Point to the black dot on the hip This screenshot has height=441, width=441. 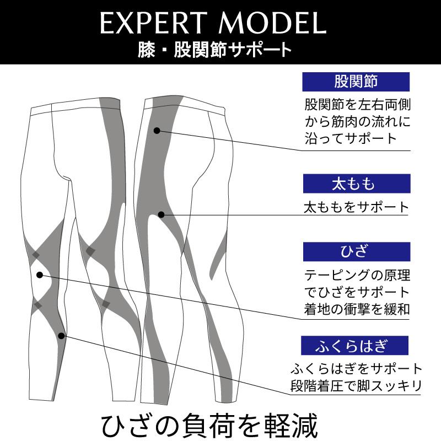pyautogui.click(x=157, y=131)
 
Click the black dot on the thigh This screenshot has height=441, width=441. pyautogui.click(x=161, y=214)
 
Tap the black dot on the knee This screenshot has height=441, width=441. pyautogui.click(x=40, y=275)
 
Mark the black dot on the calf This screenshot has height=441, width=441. pyautogui.click(x=61, y=335)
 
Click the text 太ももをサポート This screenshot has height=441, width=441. pyautogui.click(x=357, y=208)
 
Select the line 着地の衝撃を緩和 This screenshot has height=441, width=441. pyautogui.click(x=357, y=309)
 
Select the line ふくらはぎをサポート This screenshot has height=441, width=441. pyautogui.click(x=357, y=368)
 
